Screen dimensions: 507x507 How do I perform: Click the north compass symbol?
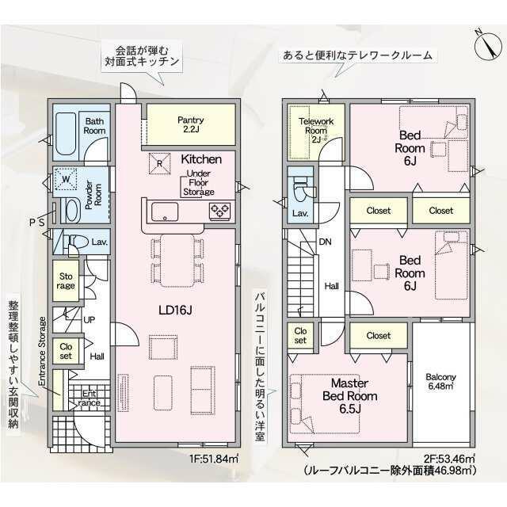488,45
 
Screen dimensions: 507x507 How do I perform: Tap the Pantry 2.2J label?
191,124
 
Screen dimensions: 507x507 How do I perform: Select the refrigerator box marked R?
159,163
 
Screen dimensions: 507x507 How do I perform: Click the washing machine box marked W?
66,179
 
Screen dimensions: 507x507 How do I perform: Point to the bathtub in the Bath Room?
65,133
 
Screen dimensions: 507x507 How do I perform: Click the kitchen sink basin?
165,212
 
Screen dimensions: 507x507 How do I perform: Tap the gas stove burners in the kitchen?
219,212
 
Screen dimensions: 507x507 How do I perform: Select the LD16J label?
175,311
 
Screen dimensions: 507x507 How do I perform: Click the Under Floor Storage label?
199,183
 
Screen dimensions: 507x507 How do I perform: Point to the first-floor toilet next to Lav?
78,242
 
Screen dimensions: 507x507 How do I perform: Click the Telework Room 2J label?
316,130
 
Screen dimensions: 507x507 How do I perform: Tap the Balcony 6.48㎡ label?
440,382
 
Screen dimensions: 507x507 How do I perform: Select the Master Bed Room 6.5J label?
350,396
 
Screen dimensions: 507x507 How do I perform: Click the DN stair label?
325,242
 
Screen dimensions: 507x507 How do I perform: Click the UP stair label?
90,320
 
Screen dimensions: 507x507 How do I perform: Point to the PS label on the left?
37,223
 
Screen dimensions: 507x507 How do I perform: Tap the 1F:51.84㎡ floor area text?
214,459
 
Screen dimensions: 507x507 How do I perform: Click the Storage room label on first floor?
66,281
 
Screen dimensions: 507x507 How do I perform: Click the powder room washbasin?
73,211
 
